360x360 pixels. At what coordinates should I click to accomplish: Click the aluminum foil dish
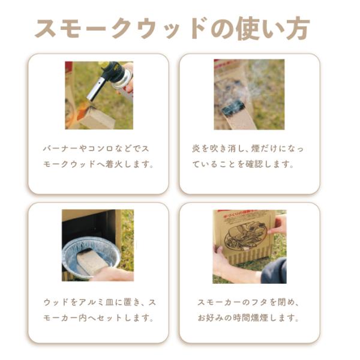[x=91, y=257]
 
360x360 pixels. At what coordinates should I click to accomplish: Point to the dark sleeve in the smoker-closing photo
[x=274, y=271]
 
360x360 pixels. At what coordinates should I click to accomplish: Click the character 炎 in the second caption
[x=197, y=149]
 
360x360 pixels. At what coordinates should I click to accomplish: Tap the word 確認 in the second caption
[x=254, y=164]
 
